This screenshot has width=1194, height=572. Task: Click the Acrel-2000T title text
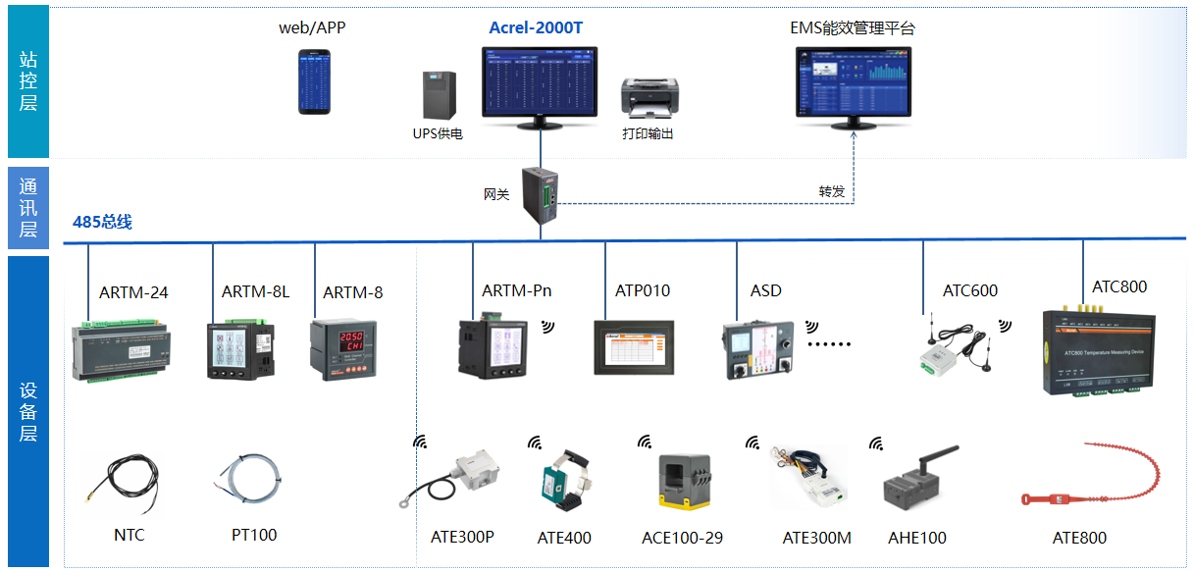[x=536, y=27]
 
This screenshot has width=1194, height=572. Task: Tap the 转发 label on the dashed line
[x=832, y=191]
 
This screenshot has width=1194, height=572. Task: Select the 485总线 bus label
[x=102, y=222]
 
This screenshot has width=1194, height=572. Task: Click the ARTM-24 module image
[x=124, y=350]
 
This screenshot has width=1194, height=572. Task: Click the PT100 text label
[x=254, y=535]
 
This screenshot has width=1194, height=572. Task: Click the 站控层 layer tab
[x=27, y=80]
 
